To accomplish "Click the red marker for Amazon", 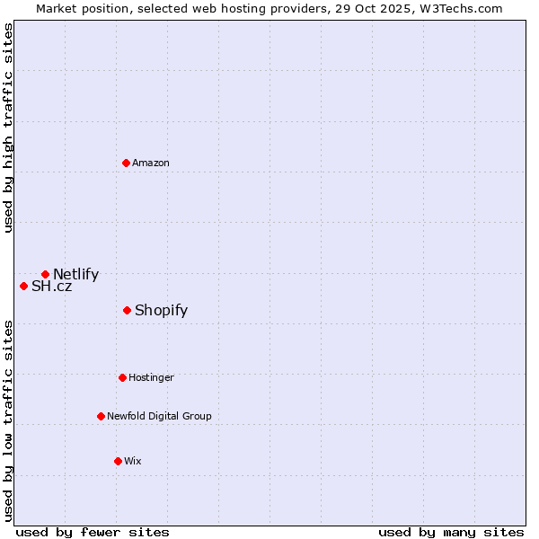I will tap(126, 163).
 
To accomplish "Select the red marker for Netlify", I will tap(45, 274).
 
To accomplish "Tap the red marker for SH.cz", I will tap(23, 286).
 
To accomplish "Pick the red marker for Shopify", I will tap(127, 310).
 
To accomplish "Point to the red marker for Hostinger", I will tap(122, 377).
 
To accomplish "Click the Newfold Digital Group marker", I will tap(101, 416).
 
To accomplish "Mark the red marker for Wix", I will tap(118, 461).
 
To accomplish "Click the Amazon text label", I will tap(151, 163).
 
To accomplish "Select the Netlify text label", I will tap(75, 275).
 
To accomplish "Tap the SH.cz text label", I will tap(51, 287).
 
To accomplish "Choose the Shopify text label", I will tap(161, 311).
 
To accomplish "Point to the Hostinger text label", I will tap(151, 377).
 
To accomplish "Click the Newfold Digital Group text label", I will tap(159, 416).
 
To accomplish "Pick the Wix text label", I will tap(133, 461).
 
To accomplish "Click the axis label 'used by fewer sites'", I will tap(93, 532).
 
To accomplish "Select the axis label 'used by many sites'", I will tap(451, 532).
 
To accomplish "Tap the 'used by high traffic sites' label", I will tap(8, 128).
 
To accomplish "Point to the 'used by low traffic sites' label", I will tap(8, 420).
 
